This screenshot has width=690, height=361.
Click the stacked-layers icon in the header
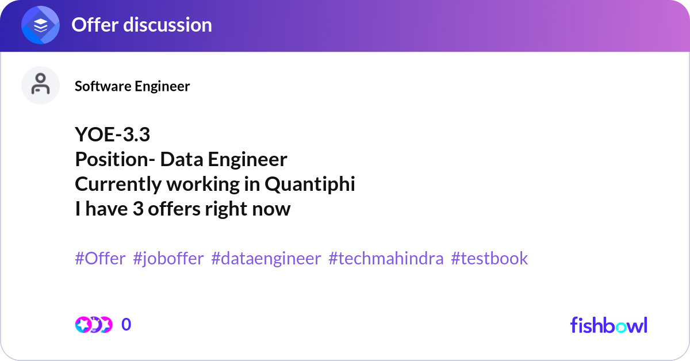pyautogui.click(x=40, y=25)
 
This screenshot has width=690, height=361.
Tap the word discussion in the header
pyautogui.click(x=167, y=25)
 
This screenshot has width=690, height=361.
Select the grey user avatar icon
pyautogui.click(x=40, y=85)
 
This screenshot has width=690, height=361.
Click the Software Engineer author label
pyautogui.click(x=132, y=86)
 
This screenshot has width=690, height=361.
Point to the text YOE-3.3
pyautogui.click(x=113, y=135)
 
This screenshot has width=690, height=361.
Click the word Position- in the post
pyautogui.click(x=115, y=159)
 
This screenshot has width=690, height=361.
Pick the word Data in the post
pyautogui.click(x=182, y=159)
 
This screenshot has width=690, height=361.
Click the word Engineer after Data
pyautogui.click(x=247, y=160)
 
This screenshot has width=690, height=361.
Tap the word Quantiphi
pyautogui.click(x=310, y=184)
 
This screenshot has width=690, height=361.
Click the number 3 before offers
pyautogui.click(x=139, y=209)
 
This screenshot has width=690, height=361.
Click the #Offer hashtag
pyautogui.click(x=100, y=258)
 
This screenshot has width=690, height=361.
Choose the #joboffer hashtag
pyautogui.click(x=168, y=259)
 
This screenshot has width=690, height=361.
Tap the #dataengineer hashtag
pyautogui.click(x=266, y=259)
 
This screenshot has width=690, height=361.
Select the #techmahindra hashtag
pyautogui.click(x=386, y=258)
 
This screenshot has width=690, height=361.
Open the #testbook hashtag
pyautogui.click(x=489, y=258)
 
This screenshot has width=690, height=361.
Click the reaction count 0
pyautogui.click(x=126, y=325)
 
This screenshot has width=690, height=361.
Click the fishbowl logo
pyautogui.click(x=609, y=325)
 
